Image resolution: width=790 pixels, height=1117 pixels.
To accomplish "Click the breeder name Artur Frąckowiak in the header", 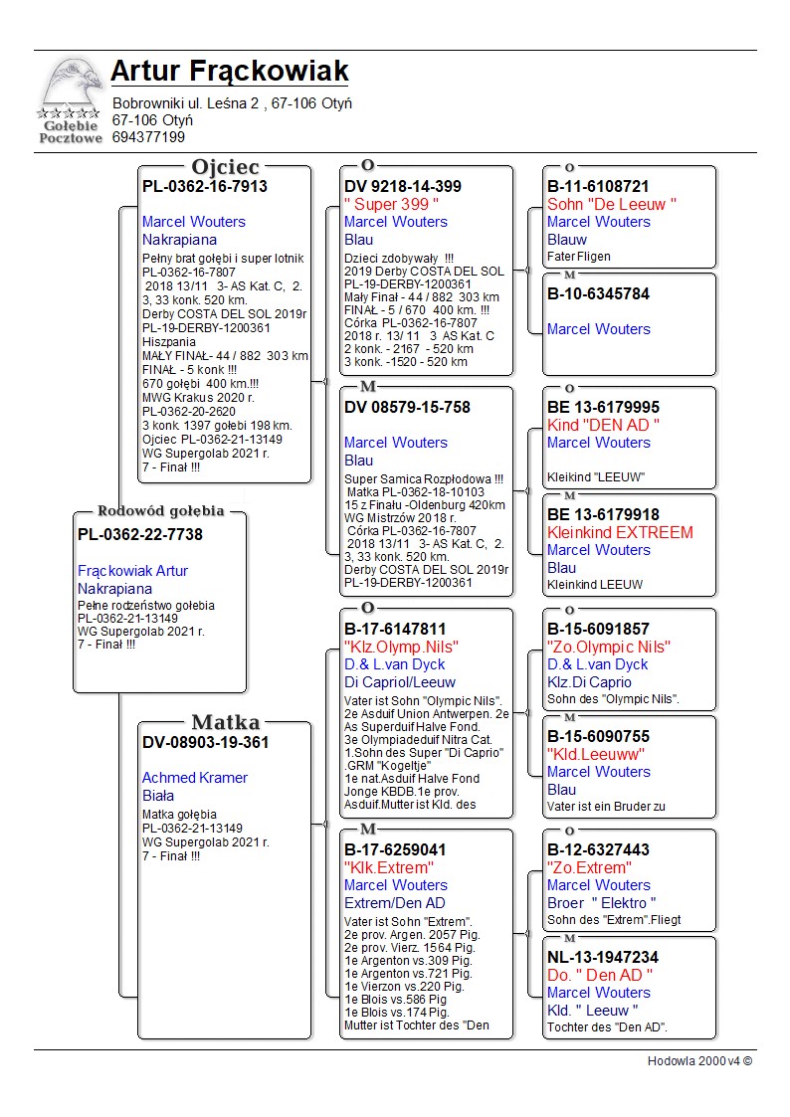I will [x=229, y=72].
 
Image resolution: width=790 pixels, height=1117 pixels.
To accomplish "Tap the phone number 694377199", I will [x=148, y=137].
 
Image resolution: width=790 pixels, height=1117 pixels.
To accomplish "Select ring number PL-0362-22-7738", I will [x=140, y=535].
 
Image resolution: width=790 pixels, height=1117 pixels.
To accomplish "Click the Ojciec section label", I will [x=225, y=167].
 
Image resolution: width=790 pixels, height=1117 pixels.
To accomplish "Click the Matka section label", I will [x=225, y=723].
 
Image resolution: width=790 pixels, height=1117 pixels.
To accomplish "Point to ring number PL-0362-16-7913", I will [x=205, y=186].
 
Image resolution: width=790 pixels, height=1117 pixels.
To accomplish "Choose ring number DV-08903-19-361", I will [x=205, y=742].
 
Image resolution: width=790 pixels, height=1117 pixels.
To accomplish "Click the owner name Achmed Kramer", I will [x=195, y=778].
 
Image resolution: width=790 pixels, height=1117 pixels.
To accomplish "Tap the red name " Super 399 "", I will [x=391, y=204].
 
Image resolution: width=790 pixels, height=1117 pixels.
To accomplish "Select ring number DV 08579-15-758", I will [x=407, y=407].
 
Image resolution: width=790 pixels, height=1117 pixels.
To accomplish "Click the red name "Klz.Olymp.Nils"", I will [x=401, y=648].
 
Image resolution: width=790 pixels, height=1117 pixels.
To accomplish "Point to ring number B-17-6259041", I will [x=395, y=850].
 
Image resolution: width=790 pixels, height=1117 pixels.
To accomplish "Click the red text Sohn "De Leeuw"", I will [x=612, y=204].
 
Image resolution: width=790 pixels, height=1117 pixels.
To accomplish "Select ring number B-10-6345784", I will [x=598, y=293].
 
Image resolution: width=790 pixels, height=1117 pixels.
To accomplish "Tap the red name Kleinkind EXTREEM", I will [x=620, y=532].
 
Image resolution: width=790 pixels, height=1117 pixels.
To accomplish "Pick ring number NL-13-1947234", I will [x=602, y=958].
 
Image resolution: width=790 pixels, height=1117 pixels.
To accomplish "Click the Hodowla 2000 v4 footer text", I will [x=699, y=1061].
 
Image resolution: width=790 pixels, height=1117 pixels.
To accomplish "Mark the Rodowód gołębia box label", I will [x=160, y=511].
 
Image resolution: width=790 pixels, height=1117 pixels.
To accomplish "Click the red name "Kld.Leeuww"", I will [x=596, y=754].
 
